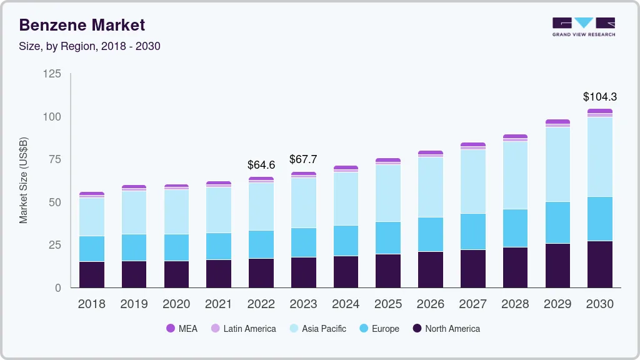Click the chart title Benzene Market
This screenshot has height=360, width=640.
82,25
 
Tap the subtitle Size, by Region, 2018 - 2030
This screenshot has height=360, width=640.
90,46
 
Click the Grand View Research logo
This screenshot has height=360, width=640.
584,26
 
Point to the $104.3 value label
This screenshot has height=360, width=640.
600,97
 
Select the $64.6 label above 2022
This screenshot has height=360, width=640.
261,165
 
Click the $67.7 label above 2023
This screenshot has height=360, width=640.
303,159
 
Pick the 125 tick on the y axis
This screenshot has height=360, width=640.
52,74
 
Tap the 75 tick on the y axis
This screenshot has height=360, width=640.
55,159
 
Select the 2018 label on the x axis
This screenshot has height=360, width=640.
91,304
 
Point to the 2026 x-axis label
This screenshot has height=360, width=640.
431,304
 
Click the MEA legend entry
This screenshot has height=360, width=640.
181,329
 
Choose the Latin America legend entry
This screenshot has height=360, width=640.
242,329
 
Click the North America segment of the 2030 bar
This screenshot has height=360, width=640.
600,264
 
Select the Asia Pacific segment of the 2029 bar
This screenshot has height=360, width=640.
557,164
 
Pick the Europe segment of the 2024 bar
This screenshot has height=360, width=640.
346,241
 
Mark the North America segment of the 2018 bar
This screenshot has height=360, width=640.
91,275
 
